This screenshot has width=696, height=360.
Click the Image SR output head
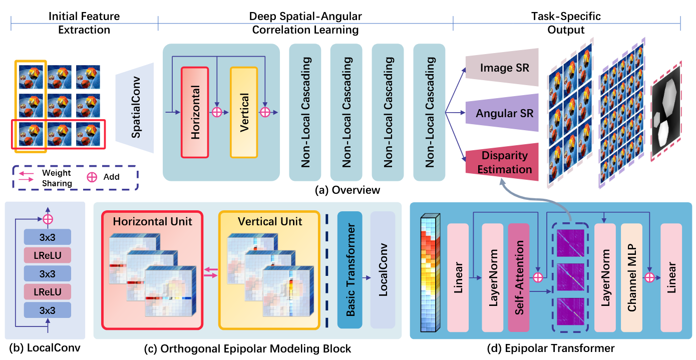pyautogui.click(x=502, y=67)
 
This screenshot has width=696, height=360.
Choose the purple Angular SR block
pyautogui.click(x=502, y=114)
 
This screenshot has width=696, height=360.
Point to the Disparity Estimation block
pyautogui.click(x=502, y=162)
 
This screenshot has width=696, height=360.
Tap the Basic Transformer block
pyautogui.click(x=350, y=270)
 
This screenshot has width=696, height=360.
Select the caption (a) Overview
pyautogui.click(x=347, y=190)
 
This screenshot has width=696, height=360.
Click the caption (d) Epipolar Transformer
pyautogui.click(x=551, y=347)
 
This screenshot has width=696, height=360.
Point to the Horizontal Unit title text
pyautogui.click(x=152, y=221)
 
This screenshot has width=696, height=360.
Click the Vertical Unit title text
pyautogui.click(x=270, y=221)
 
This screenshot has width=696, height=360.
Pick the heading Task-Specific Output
pyautogui.click(x=566, y=23)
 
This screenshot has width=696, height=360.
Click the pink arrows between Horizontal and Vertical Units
pyautogui.click(x=210, y=271)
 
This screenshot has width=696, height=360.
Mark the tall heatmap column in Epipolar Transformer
pyautogui.click(x=430, y=272)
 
